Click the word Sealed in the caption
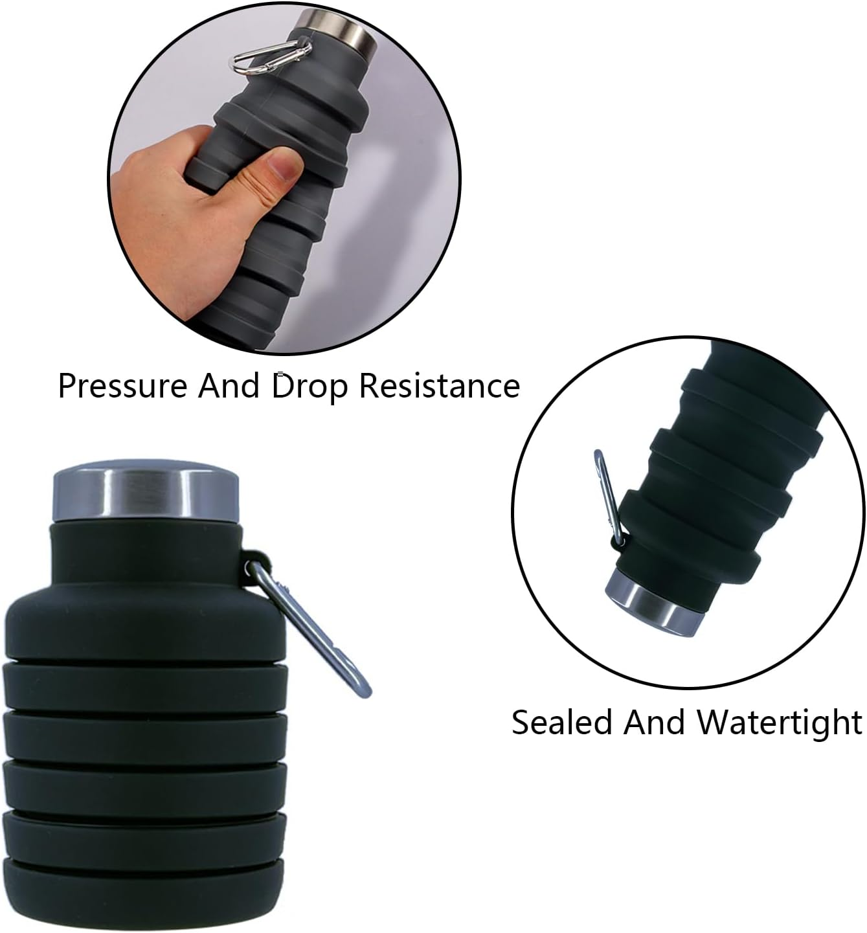(562, 722)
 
